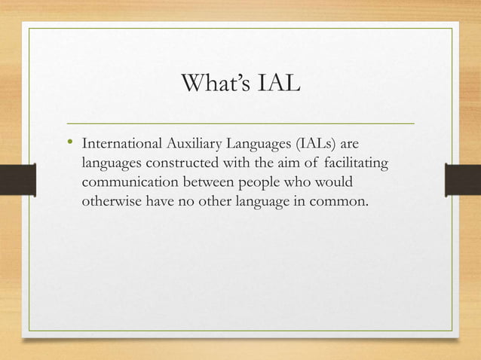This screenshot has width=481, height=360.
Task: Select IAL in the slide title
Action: (278, 84)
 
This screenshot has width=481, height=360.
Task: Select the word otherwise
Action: (110, 203)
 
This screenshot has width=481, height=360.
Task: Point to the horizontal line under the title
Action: (241, 121)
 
